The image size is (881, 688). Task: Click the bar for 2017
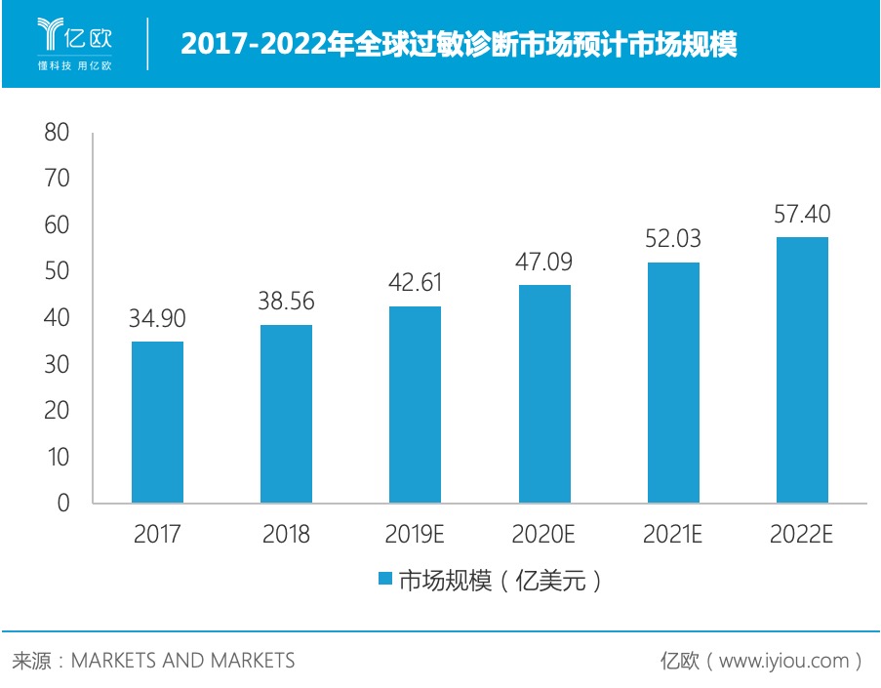point(157,422)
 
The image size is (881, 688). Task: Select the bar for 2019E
point(415,404)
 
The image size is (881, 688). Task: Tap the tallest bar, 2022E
point(801,370)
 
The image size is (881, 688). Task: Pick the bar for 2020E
point(544,393)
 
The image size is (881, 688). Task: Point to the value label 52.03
point(673,239)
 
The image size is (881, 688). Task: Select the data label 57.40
point(801,214)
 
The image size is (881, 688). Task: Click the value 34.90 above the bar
point(157,318)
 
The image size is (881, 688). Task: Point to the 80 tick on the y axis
point(57,133)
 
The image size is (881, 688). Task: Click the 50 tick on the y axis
point(57,271)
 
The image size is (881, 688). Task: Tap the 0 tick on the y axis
point(63,504)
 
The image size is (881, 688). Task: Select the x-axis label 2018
point(286,534)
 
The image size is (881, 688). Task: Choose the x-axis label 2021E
point(673,534)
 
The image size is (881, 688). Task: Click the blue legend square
point(384,580)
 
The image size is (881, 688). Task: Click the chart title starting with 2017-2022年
point(459,44)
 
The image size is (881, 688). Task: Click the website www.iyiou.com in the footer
point(784,661)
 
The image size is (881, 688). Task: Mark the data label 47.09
point(544,262)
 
